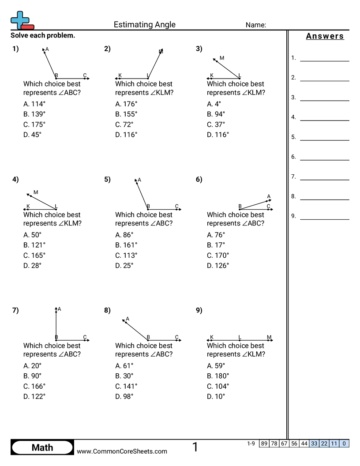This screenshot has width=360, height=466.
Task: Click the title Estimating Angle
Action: (145, 25)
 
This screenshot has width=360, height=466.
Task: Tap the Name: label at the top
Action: (255, 25)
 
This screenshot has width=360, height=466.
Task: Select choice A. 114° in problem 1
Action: (34, 104)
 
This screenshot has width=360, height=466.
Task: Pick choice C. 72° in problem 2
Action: (124, 124)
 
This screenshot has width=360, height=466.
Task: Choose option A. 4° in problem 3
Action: (214, 104)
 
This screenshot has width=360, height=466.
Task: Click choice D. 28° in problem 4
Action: (33, 266)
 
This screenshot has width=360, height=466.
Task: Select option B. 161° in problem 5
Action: (126, 245)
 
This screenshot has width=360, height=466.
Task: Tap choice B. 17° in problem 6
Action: (216, 245)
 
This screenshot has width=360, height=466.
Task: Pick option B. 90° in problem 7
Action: (33, 376)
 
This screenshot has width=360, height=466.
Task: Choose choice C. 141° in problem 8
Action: (126, 386)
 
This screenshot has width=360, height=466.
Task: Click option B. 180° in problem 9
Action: (218, 376)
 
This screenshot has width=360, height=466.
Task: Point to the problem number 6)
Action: (199, 179)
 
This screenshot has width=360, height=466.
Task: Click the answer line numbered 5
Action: (324, 140)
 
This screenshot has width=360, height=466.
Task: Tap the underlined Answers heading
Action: (325, 36)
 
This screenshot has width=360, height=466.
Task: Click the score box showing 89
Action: (264, 443)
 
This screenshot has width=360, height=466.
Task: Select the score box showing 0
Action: (345, 443)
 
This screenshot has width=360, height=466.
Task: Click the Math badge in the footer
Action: (42, 447)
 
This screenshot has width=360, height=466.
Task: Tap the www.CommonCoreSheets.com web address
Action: (122, 451)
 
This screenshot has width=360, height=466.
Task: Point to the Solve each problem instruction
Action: (43, 35)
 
